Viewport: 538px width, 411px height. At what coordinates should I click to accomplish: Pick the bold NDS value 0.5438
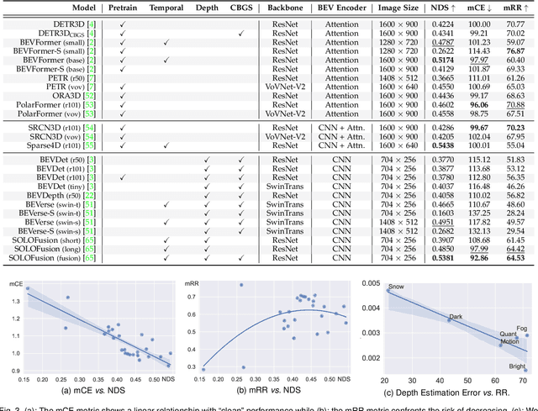[440, 145]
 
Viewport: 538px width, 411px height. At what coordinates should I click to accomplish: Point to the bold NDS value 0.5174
[440, 61]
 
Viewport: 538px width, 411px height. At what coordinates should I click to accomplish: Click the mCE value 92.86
[478, 259]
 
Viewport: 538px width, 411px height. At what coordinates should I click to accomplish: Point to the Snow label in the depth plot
[395, 287]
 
